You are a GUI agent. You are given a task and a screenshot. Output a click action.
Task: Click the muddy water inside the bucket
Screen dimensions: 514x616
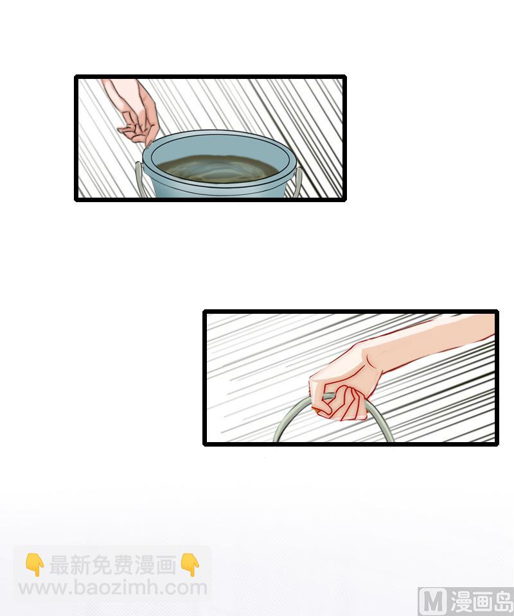tap(217, 168)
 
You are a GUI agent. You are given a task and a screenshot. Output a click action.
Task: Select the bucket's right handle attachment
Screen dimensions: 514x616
tap(298, 181)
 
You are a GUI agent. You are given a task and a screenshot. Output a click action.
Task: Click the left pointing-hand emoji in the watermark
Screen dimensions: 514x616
tap(35, 565)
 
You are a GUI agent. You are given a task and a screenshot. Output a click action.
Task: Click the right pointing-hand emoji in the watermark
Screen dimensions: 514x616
tap(190, 565)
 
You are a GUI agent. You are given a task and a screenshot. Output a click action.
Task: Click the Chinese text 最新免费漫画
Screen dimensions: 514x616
tap(112, 565)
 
